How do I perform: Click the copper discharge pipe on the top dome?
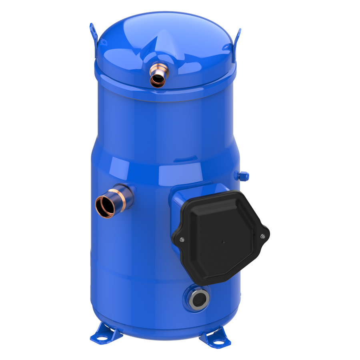point(157,74)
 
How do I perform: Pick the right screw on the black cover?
point(263,236)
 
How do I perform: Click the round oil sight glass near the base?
point(197,298)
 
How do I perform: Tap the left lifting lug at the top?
point(94,34)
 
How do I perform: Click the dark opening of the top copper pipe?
point(158,81)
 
